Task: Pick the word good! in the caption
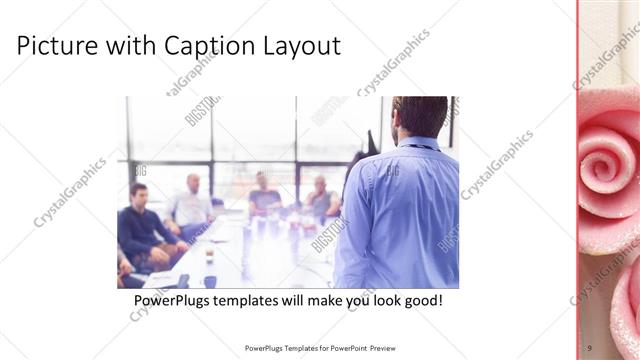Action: pos(420,300)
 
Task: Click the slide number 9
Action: pos(589,347)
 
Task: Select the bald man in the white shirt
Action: pos(191,205)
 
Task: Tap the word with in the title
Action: pos(127,46)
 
